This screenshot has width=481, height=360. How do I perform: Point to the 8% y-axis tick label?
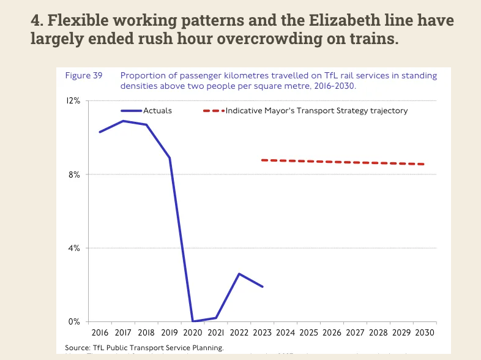[x=74, y=174]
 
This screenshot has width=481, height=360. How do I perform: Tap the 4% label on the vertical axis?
[x=74, y=248]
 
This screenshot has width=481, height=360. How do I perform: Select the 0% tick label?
[x=74, y=321]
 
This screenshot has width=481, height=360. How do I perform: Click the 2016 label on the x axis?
[x=99, y=332]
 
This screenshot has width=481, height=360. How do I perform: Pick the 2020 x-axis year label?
[x=192, y=332]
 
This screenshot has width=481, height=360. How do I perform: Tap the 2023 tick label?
[x=262, y=332]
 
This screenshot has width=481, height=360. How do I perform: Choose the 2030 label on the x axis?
[x=425, y=332]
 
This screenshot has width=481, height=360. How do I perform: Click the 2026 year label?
[x=332, y=332]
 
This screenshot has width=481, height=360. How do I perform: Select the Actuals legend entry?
[x=157, y=111]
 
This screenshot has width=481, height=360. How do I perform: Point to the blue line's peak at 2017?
[x=123, y=121]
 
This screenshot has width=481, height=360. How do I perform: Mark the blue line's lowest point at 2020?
[x=193, y=321]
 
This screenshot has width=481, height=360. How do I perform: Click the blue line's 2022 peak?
[x=239, y=274]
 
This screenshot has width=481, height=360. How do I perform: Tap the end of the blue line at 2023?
[x=263, y=287]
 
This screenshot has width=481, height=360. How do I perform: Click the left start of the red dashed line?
[x=263, y=160]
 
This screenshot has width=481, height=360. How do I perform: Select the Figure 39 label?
[x=83, y=76]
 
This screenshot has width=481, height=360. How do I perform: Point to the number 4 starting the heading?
[x=35, y=20]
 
